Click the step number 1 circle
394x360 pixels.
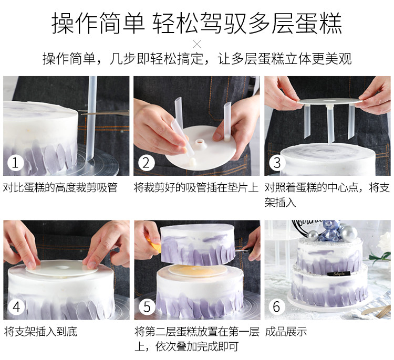click(16, 163)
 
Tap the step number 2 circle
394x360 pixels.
click(146, 163)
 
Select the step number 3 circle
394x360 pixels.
click(277, 163)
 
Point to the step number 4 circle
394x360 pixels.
click(16, 307)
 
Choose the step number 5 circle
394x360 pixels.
click(147, 307)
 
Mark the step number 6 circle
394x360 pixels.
click(277, 307)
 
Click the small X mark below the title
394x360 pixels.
click(197, 45)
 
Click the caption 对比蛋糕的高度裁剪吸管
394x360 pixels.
click(60, 187)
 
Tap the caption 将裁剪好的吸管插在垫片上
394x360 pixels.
click(196, 187)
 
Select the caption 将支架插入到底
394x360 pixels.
click(40, 331)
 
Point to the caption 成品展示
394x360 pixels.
click(286, 331)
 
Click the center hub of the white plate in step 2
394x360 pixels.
click(201, 144)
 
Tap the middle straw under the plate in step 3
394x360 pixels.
click(330, 124)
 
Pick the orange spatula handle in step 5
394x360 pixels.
click(154, 245)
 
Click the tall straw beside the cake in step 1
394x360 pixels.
click(91, 118)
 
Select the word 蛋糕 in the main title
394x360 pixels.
click(319, 23)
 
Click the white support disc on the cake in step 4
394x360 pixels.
click(61, 268)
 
